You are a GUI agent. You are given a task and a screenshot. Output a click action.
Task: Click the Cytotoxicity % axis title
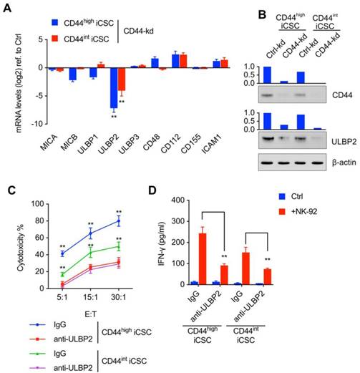[x=17, y=248]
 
